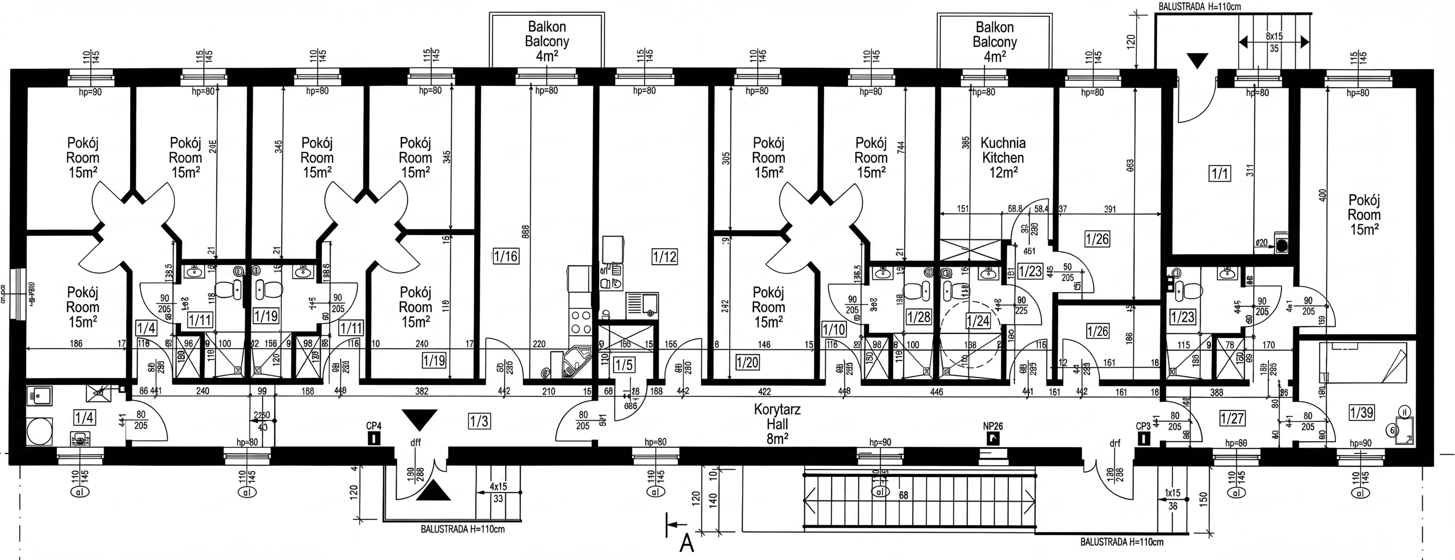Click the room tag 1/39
click(x=1361, y=413)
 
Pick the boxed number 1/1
click(x=1220, y=173)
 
